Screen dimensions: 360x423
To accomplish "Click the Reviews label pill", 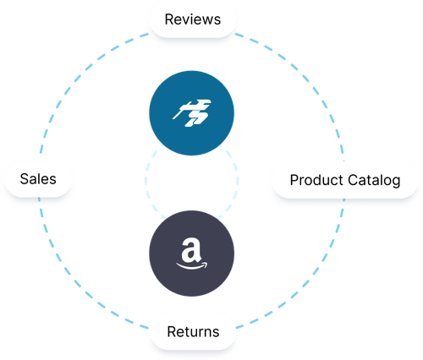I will click(x=191, y=19).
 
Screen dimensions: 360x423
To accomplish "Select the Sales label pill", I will click(x=38, y=179).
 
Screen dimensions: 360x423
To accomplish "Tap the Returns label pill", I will click(x=191, y=332).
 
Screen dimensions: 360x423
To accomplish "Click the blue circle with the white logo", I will click(x=191, y=113).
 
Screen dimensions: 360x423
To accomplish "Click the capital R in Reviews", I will click(x=169, y=19).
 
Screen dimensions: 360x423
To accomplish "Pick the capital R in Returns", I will click(x=170, y=332).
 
